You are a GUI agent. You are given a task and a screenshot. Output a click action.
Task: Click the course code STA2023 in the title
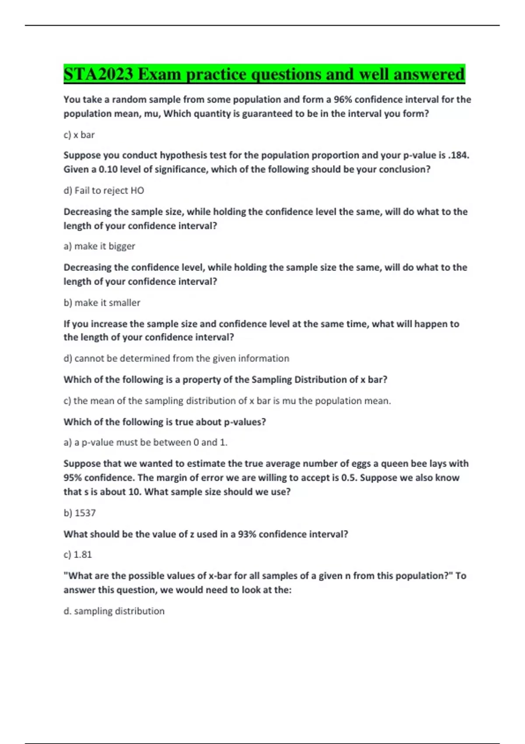point(98,74)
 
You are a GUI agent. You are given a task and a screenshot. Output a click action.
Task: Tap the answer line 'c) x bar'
point(79,135)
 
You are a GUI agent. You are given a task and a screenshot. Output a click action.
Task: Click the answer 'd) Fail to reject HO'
point(104,190)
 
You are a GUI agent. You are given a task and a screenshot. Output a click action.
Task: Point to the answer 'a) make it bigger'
point(99,246)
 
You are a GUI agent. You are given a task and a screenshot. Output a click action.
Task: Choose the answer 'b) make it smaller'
point(102,302)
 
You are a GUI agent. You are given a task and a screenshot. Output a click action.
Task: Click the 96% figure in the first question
point(343,100)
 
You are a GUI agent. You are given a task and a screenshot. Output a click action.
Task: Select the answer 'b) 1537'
point(80,513)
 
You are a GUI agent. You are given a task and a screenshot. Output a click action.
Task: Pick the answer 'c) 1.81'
point(78,554)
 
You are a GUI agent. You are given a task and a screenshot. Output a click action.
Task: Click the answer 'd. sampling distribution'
point(114,611)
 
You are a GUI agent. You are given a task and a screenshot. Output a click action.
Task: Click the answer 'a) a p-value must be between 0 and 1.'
point(145,442)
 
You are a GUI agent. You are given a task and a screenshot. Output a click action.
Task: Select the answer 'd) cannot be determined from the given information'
point(176,358)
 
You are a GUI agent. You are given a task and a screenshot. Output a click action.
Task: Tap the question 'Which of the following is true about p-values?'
point(164,422)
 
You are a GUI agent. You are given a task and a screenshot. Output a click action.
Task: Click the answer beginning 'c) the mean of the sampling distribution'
point(227,401)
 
